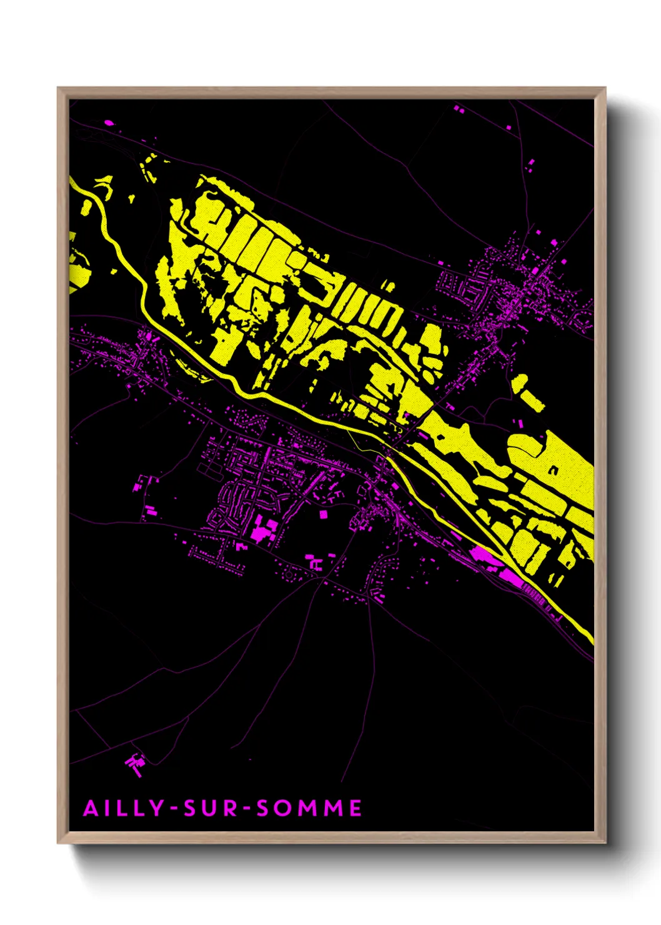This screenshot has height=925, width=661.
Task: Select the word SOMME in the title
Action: [309, 808]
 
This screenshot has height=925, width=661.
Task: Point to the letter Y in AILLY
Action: [156, 808]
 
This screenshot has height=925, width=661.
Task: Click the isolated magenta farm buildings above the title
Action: [135, 764]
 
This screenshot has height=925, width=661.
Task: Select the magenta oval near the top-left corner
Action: [109, 122]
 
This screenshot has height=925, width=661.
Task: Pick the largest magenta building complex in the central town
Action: [262, 530]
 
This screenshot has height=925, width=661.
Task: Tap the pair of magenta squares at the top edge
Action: [459, 109]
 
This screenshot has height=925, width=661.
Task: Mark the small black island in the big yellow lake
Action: [553, 471]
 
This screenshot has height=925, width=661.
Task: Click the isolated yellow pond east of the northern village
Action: [528, 394]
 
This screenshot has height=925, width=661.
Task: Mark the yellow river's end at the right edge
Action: [590, 639]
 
